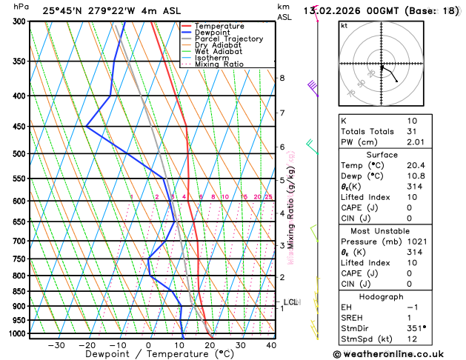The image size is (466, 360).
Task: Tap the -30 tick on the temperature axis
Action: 56,344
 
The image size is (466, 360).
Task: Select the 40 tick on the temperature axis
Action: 271,344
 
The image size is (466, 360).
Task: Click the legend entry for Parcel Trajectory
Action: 231,39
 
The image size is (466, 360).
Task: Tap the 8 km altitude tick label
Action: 282,78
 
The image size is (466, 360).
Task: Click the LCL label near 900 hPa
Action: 290,302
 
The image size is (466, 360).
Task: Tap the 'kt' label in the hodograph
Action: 344,25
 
